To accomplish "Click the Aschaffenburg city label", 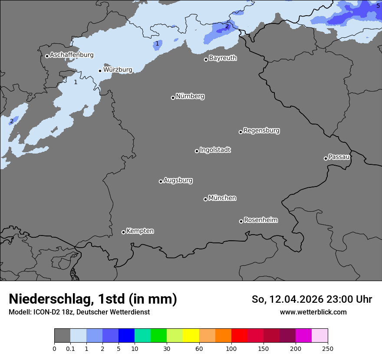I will coord(72,55).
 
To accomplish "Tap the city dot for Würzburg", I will coord(100,71).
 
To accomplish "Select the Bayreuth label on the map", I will coord(223,58).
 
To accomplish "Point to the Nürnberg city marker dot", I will coord(173,98).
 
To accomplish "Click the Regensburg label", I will coord(261,131).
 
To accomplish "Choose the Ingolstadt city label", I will coord(215,150).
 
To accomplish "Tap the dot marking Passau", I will coord(326,158).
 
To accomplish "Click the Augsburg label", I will coord(178,180).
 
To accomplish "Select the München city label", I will coord(222,198).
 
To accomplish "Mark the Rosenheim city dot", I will coord(241,222).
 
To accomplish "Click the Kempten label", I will coord(140,231).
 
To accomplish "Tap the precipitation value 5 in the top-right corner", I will coord(378,6).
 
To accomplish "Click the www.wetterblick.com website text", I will coord(313,312).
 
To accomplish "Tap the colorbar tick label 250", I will coord(327,348).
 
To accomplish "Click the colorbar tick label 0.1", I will coord(70,348).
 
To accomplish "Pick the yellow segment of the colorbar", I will coord(191,336).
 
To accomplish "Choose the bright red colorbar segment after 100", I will coord(239,336).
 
